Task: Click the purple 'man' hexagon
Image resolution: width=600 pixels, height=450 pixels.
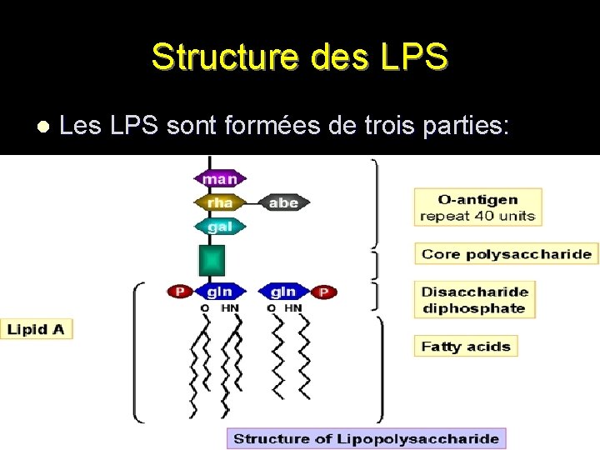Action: (x=220, y=179)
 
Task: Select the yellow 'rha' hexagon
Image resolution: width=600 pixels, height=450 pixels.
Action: (x=220, y=202)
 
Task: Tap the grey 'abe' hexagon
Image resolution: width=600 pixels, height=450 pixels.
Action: (x=283, y=202)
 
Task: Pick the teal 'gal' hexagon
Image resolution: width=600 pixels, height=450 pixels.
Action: (x=220, y=226)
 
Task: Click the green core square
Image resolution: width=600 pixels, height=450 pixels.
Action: (x=212, y=260)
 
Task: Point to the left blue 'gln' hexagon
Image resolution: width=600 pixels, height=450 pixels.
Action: (x=220, y=292)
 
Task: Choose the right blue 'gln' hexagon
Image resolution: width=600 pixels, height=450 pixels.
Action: (x=282, y=292)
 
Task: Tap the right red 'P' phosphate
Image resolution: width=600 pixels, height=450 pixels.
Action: (x=324, y=292)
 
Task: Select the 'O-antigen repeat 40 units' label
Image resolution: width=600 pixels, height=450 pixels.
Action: (x=477, y=207)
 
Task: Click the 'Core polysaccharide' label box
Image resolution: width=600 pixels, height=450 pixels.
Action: (x=506, y=254)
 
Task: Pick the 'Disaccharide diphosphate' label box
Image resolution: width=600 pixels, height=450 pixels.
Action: (x=473, y=300)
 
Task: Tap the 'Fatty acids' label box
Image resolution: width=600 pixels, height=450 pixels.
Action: (x=465, y=346)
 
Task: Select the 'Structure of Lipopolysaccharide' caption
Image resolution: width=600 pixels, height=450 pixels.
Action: (x=366, y=438)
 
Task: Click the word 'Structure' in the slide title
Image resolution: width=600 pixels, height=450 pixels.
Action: (x=217, y=57)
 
